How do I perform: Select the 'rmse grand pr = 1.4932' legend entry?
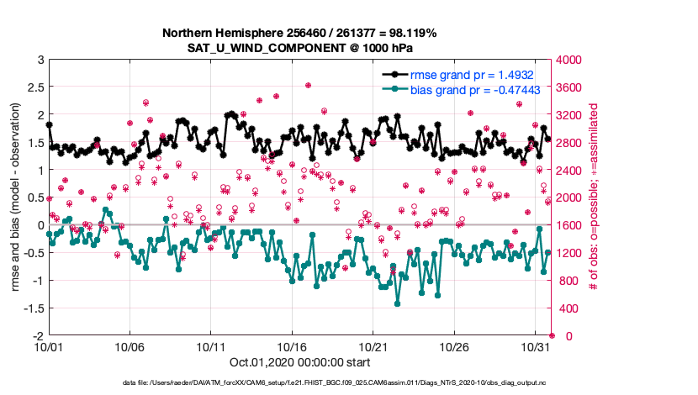pos(480,74)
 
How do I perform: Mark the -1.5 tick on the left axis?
pos(33,308)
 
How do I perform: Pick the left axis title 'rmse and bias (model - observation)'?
pos(16,197)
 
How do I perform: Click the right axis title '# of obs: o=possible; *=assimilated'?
pos(594,197)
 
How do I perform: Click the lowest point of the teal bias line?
pos(397,303)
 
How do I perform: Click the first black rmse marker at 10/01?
pos(49,124)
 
